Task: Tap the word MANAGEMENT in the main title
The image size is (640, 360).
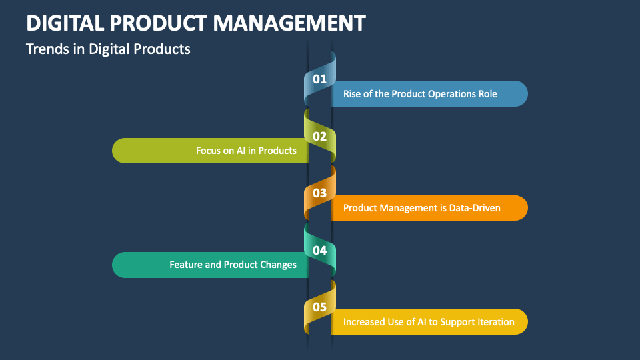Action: click(x=290, y=23)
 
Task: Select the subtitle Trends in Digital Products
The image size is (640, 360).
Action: click(x=108, y=49)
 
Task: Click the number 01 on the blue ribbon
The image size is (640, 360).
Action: click(x=320, y=79)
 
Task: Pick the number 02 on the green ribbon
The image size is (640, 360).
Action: click(x=320, y=137)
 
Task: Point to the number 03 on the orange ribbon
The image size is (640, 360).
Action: click(x=320, y=193)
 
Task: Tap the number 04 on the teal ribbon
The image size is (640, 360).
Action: click(x=320, y=251)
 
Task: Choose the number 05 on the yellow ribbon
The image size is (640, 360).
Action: click(x=320, y=307)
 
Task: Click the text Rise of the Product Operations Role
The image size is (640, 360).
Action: click(x=420, y=94)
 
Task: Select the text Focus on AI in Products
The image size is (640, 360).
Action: click(x=246, y=151)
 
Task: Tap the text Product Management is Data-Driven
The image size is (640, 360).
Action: click(x=421, y=208)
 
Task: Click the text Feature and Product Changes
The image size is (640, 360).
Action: click(x=233, y=265)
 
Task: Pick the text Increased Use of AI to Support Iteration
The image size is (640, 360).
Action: click(x=429, y=322)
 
